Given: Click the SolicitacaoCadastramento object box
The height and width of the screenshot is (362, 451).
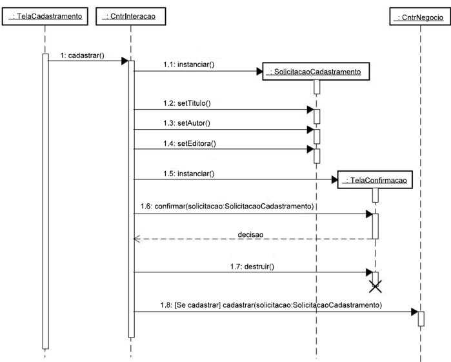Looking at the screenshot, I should (316, 71).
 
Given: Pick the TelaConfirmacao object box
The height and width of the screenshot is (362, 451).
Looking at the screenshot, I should (375, 180).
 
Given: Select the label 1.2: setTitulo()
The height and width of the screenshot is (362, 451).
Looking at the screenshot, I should (187, 103).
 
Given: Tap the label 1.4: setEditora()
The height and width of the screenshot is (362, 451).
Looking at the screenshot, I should (188, 143).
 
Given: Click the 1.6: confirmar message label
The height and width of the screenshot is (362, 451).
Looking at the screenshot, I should (226, 206).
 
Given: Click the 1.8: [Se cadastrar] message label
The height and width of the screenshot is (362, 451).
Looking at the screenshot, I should (271, 304).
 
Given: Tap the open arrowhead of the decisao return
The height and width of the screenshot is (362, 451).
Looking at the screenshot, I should (136, 239).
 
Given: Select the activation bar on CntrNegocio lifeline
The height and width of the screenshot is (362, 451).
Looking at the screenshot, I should (421, 319).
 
